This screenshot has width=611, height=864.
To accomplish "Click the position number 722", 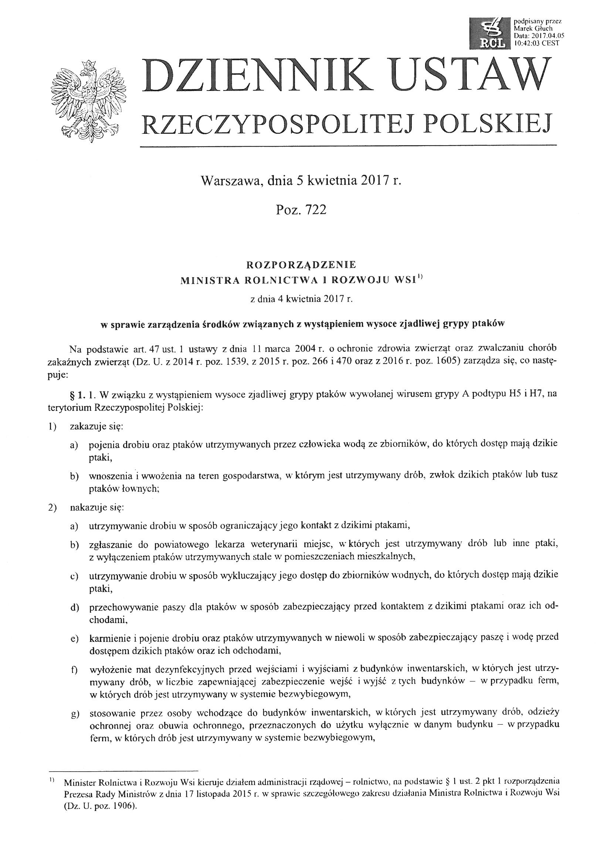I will [315, 210].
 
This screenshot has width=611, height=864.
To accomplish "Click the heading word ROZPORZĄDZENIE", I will [301, 265].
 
